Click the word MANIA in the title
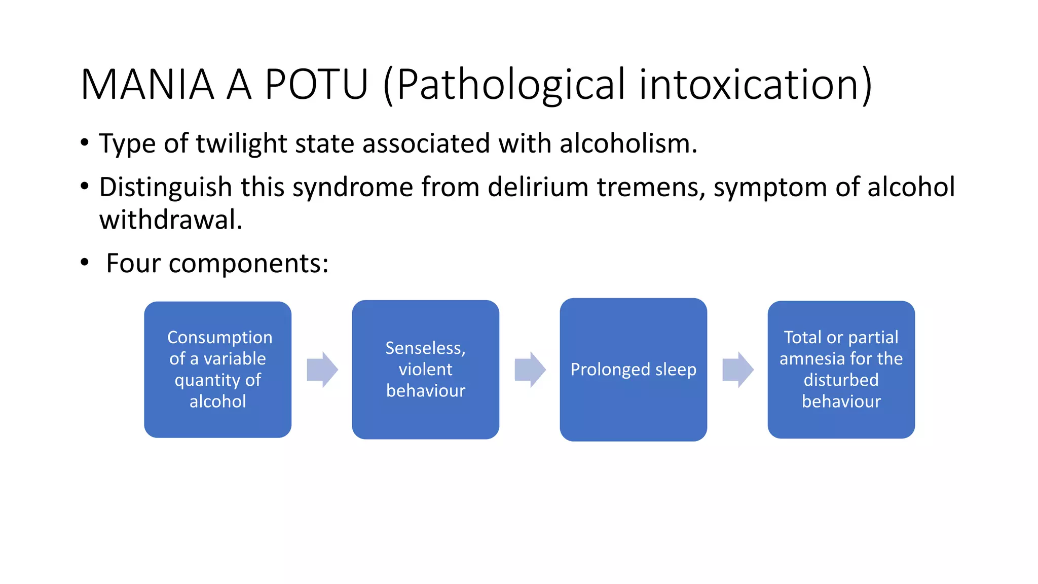[x=147, y=85]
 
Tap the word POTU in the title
[x=316, y=85]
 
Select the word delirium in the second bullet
[x=538, y=188]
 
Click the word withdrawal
[x=171, y=221]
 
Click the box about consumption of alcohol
[x=218, y=370]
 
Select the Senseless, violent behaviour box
[x=426, y=370]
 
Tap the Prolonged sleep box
[x=634, y=370]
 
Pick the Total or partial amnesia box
[x=841, y=370]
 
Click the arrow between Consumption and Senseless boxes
[x=322, y=370]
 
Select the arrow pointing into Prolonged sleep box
[x=530, y=370]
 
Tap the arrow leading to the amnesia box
[x=738, y=370]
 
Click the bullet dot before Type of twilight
[x=85, y=142]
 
